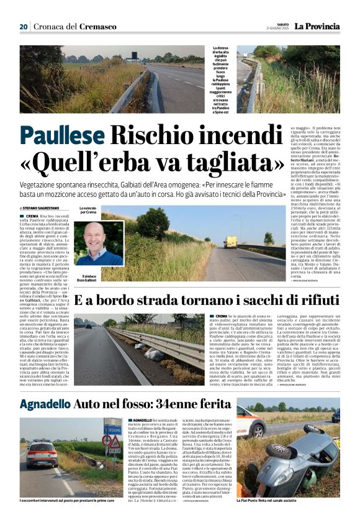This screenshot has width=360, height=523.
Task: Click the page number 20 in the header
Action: [24, 26]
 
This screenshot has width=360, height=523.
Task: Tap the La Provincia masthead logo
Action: [317, 26]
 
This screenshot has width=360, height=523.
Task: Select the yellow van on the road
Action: [231, 242]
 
